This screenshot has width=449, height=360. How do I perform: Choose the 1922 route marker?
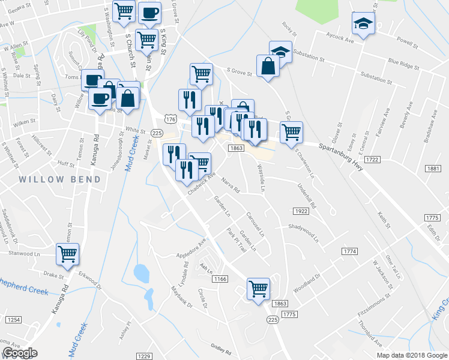(x=301, y=211)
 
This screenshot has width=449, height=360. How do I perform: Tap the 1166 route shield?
(x=220, y=278)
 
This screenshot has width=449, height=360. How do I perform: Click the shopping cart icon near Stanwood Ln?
(x=67, y=254)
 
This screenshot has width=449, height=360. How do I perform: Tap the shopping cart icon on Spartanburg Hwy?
(x=291, y=132)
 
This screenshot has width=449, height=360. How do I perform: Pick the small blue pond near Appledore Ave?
(x=141, y=274)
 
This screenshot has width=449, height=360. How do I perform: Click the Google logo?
(x=20, y=353)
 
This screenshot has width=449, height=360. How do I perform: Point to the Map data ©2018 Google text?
(x=412, y=355)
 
